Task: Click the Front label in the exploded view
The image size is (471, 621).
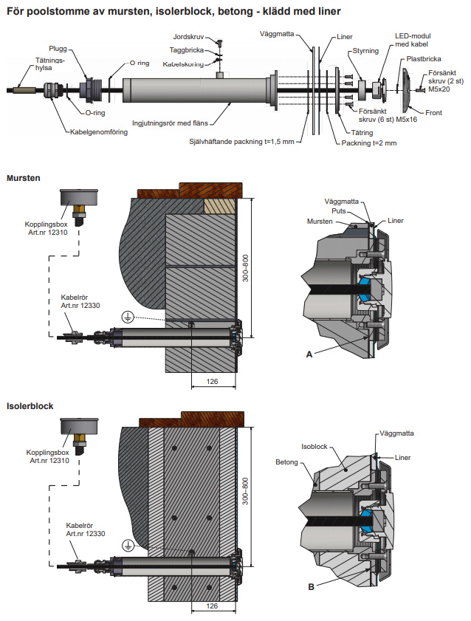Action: point(433,112)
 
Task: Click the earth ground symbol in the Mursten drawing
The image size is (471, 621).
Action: point(128,317)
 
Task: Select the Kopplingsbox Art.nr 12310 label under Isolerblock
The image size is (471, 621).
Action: point(48,455)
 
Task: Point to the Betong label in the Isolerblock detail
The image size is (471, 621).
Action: point(286,462)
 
